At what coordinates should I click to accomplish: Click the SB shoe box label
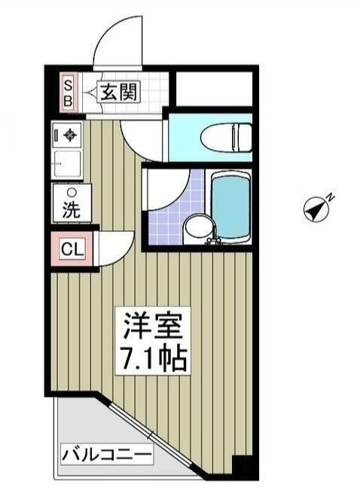pos(67,92)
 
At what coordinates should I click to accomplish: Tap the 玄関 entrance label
pos(118,93)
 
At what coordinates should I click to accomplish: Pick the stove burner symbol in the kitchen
pos(70,136)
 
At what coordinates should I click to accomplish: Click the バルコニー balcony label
pos(107,455)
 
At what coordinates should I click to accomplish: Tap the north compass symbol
pos(317,209)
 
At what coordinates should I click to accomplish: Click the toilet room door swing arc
pos(143,143)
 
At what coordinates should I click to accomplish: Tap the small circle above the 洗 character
pos(71,192)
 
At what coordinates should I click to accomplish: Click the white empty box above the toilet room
pos(214,89)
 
